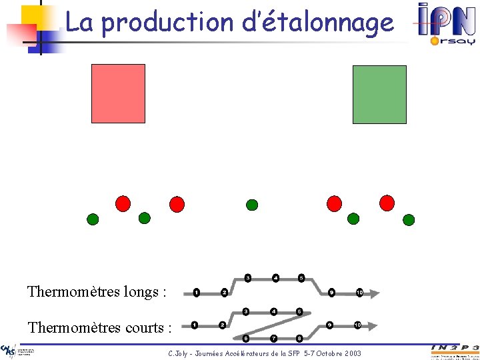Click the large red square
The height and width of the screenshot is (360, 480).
tap(118, 93)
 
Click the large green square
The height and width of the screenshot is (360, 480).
tap(379, 94)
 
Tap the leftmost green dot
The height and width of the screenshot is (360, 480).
tap(93, 219)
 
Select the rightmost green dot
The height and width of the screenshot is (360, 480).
tap(409, 220)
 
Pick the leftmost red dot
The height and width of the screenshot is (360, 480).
tap(123, 203)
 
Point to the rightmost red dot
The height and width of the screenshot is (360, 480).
tap(387, 202)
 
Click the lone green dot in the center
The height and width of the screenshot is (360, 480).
tap(252, 204)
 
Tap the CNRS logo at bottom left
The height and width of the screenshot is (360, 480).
tap(9, 351)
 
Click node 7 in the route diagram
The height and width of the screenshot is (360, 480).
tap(273, 338)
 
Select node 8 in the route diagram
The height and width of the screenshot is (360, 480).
tap(299, 338)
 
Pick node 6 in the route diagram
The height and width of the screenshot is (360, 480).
tap(245, 338)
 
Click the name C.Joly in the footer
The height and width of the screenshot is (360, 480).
tap(179, 352)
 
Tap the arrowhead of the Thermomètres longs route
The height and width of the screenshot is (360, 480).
tap(375, 292)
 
